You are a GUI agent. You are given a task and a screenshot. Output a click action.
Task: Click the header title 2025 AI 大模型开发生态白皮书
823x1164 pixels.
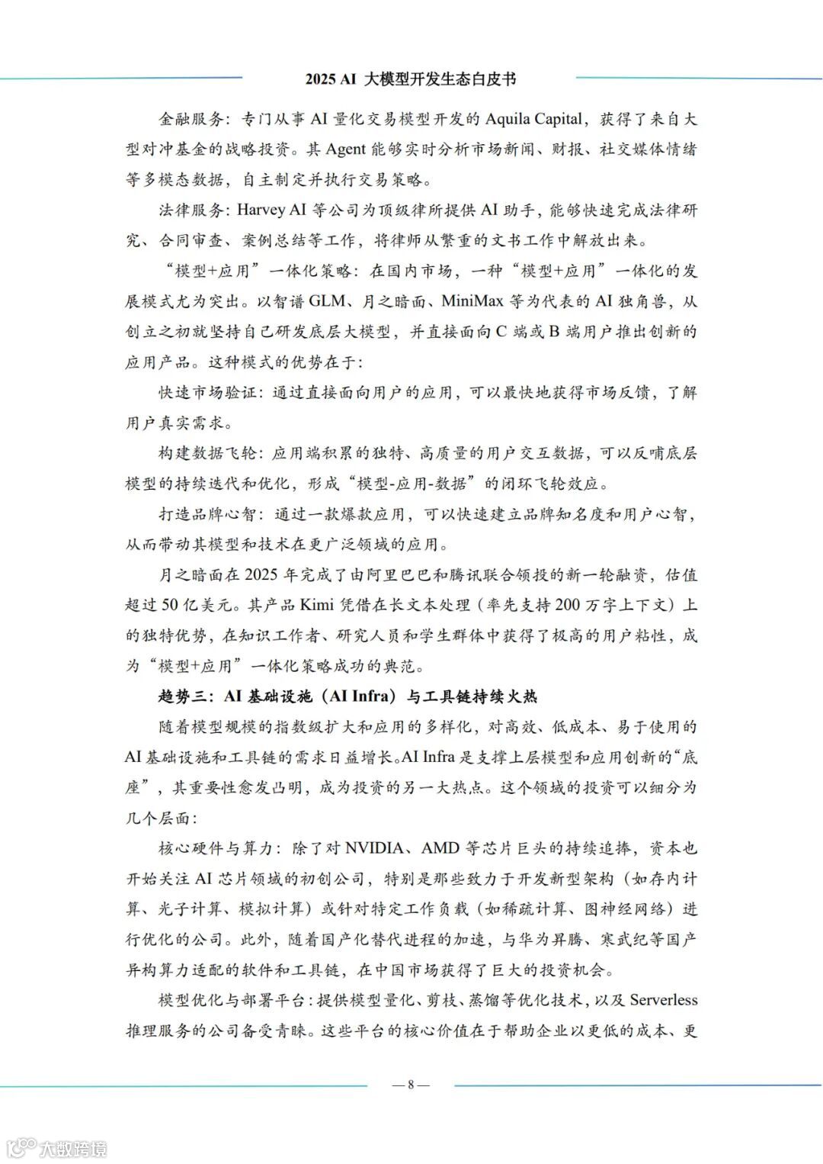click(411, 79)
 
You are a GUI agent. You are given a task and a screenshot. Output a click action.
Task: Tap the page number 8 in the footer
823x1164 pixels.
click(411, 1084)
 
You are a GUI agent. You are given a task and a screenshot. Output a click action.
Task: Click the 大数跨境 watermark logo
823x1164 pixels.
click(56, 1146)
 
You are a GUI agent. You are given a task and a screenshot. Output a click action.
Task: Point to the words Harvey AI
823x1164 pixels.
click(272, 210)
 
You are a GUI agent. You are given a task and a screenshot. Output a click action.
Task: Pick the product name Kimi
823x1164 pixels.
click(316, 605)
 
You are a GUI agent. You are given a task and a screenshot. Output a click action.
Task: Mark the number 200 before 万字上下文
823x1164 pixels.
click(568, 605)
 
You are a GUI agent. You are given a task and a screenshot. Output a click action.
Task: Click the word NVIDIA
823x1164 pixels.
click(379, 848)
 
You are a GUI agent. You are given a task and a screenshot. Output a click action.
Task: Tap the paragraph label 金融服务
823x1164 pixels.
click(191, 119)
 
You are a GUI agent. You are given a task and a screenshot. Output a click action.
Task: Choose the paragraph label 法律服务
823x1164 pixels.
click(191, 210)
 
